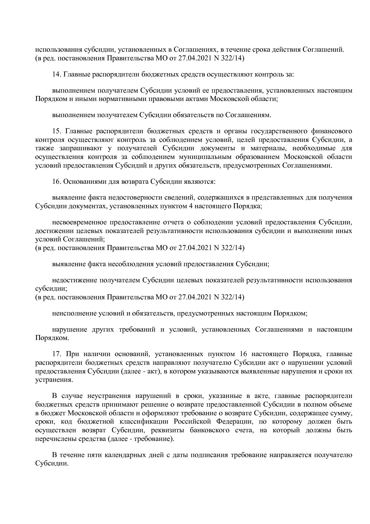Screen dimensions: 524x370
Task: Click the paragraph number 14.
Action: pyautogui.click(x=56, y=74)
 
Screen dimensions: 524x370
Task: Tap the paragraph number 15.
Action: pyautogui.click(x=56, y=131)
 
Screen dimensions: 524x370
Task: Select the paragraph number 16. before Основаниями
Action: pyautogui.click(x=56, y=181)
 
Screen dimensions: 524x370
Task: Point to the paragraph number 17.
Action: pyautogui.click(x=56, y=354)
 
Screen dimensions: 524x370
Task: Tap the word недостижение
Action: pyautogui.click(x=73, y=280)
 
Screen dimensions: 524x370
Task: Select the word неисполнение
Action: pyautogui.click(x=73, y=313)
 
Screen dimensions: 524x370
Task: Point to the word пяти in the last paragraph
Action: pyautogui.click(x=94, y=455)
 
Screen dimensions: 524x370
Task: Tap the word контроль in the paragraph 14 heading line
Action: pyautogui.click(x=266, y=74)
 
